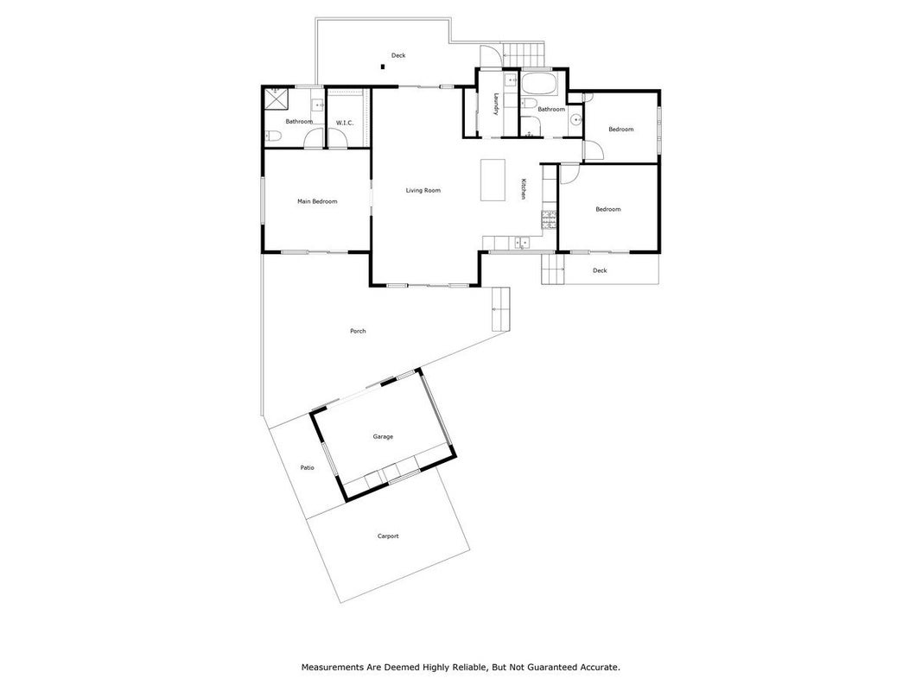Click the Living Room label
pos(423,190)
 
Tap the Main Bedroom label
pos(317,201)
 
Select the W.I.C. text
pos(345,123)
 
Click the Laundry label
pos(497,104)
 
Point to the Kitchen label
pos(522,189)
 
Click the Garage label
pos(383,436)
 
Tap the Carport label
pos(388,536)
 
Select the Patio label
pos(307,467)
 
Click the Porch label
pos(358,331)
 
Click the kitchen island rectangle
pos(493,180)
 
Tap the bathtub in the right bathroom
pos(538,85)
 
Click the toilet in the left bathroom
pos(273,137)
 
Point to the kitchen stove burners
pos(549,219)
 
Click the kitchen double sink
pos(521,242)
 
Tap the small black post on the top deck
pos(383,67)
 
